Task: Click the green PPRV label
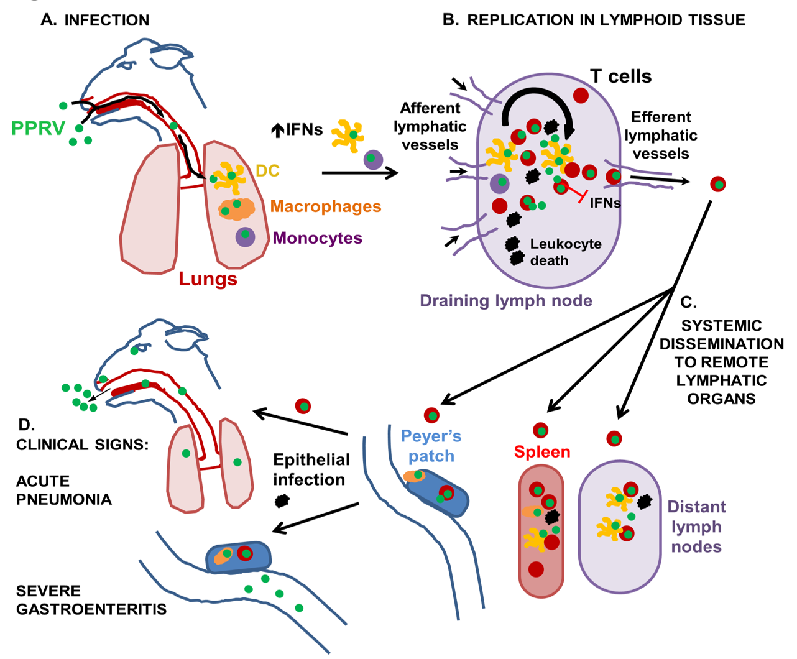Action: [38, 128]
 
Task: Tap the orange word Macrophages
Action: [326, 206]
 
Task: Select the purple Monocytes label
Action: [317, 238]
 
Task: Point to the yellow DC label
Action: [267, 170]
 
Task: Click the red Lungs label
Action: [208, 279]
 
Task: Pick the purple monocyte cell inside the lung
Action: [245, 237]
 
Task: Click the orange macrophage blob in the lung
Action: [237, 209]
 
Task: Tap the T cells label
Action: [621, 76]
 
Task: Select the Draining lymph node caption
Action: [506, 301]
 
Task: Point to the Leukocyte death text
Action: [566, 252]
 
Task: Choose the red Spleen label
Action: [542, 452]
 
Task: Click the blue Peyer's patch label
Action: [431, 446]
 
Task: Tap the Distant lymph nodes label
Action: [697, 527]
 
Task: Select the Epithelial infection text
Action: [311, 469]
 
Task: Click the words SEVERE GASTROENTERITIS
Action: [91, 600]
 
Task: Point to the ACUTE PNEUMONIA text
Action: [64, 491]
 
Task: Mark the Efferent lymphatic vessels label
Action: [661, 135]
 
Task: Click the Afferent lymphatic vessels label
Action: [430, 126]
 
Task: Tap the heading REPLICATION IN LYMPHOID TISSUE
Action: [606, 20]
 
